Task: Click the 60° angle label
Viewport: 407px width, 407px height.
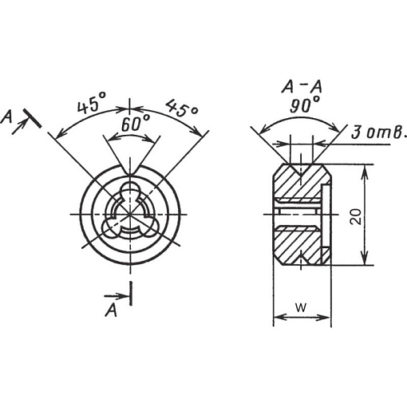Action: coord(136,124)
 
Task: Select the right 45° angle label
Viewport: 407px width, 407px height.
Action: coord(182,108)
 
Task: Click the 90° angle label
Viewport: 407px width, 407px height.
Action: coord(305,105)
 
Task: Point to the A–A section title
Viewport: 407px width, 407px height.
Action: coord(302,87)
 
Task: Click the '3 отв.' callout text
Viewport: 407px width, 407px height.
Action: coord(379,132)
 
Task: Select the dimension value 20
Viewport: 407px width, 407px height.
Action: coord(357,216)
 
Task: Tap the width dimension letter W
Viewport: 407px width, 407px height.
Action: coord(301,308)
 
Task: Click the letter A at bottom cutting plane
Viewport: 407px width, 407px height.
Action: coord(111,310)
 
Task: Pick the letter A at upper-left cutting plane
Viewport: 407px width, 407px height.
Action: coord(6,117)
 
